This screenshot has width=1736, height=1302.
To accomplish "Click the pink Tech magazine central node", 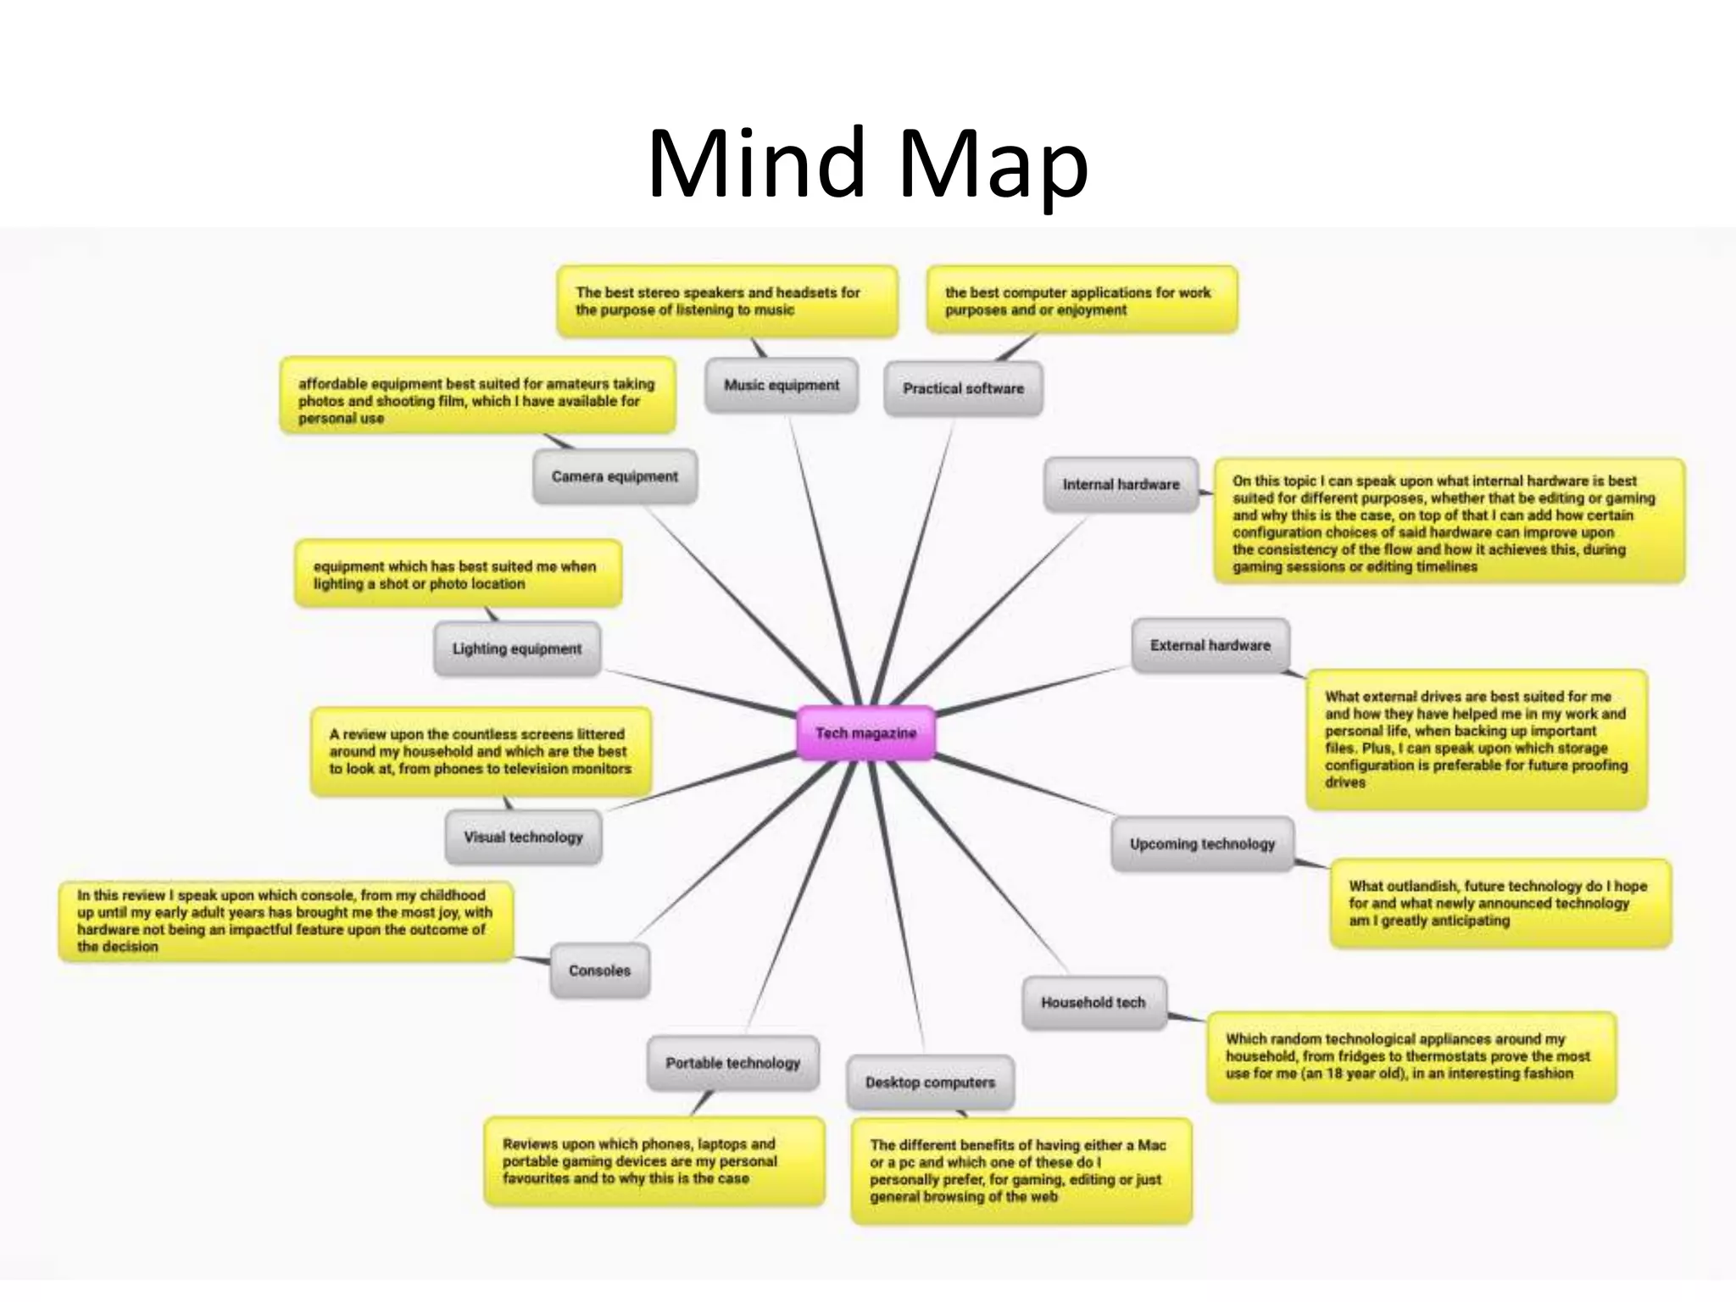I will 865,733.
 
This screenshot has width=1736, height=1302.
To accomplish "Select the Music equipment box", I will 782,386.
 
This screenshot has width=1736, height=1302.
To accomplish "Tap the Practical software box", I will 963,389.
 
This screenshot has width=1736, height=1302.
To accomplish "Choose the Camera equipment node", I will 615,477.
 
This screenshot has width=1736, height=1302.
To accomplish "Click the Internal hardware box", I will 1121,485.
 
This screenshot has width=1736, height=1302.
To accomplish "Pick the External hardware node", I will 1210,646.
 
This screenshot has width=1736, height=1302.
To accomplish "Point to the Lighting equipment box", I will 517,649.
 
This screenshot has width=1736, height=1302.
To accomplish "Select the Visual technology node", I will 523,837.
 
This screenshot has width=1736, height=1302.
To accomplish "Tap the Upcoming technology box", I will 1202,844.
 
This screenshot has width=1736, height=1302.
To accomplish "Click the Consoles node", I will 599,971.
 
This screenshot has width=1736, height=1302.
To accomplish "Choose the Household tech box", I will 1093,1003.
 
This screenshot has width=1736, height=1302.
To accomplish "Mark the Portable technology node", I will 732,1064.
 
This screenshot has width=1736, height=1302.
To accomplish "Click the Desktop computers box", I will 930,1083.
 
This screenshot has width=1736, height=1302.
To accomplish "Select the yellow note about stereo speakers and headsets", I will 726,302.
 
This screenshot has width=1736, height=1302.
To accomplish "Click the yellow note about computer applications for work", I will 1081,302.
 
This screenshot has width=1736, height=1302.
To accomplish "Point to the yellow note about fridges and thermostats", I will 1410,1057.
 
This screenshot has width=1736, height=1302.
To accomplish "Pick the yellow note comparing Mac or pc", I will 1021,1171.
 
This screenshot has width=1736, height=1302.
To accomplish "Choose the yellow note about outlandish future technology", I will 1500,904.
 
